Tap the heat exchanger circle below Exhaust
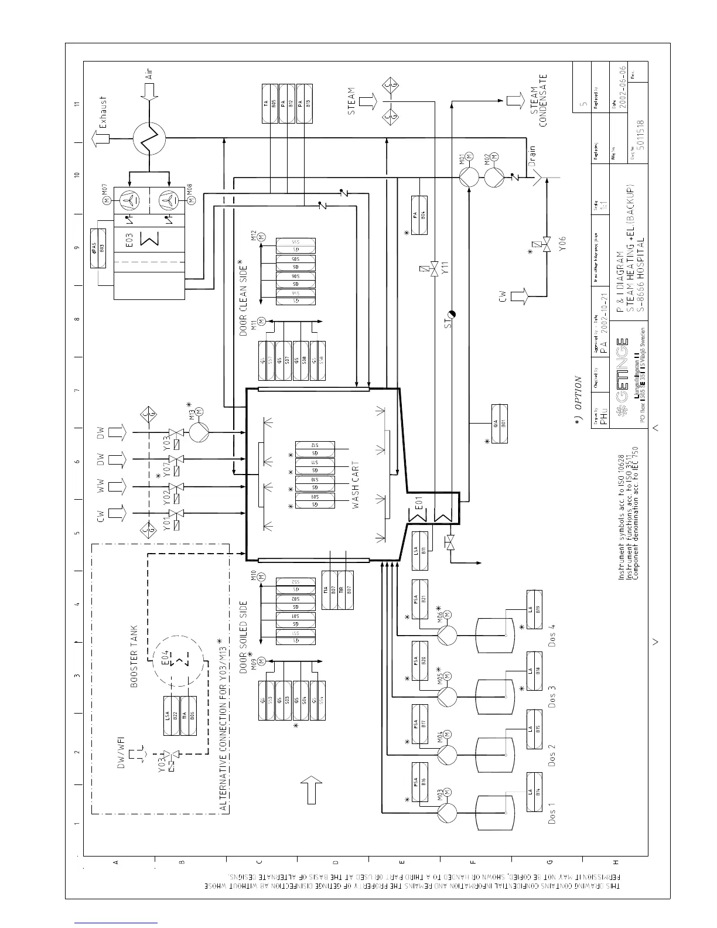tap(149, 139)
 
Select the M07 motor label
tap(105, 193)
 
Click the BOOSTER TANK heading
tap(134, 656)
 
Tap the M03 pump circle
tap(447, 813)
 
